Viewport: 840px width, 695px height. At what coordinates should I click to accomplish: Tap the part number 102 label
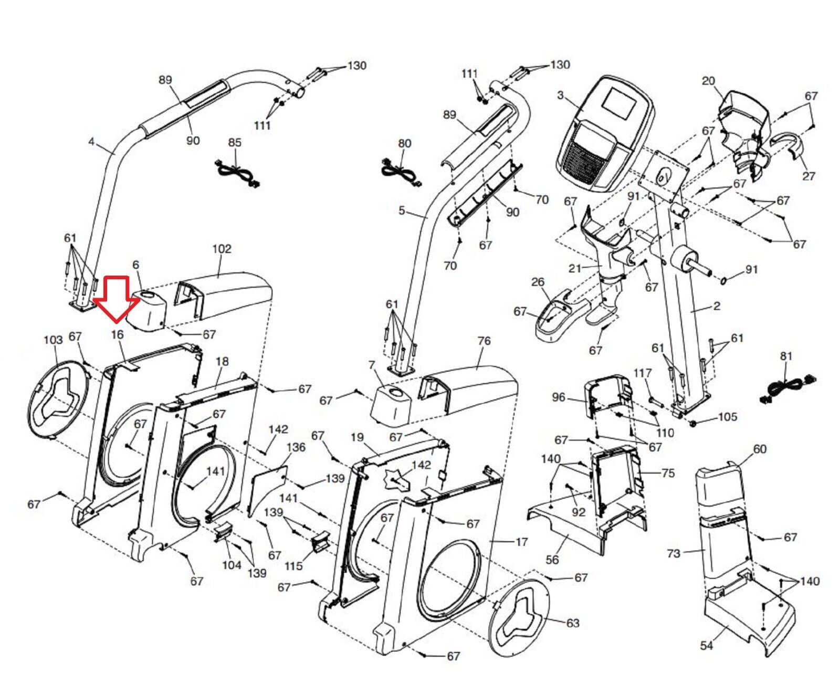click(x=222, y=248)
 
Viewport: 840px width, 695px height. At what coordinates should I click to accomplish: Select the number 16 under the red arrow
click(x=117, y=334)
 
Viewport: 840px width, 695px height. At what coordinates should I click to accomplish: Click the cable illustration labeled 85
click(x=238, y=173)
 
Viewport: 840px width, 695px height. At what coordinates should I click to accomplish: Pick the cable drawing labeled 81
click(x=785, y=389)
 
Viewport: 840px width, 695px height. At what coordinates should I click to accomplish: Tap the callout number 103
click(x=53, y=340)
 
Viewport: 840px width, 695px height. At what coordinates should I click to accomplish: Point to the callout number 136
click(x=296, y=447)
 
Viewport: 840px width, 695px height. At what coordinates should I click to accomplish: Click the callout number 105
click(x=728, y=417)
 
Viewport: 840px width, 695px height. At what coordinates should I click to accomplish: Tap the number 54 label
click(x=707, y=645)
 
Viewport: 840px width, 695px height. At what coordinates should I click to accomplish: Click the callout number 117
click(x=643, y=373)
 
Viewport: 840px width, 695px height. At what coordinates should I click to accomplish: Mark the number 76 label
click(x=484, y=341)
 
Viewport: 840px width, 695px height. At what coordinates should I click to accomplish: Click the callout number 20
click(x=708, y=81)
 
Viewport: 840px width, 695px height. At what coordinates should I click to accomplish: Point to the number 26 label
click(x=538, y=282)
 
